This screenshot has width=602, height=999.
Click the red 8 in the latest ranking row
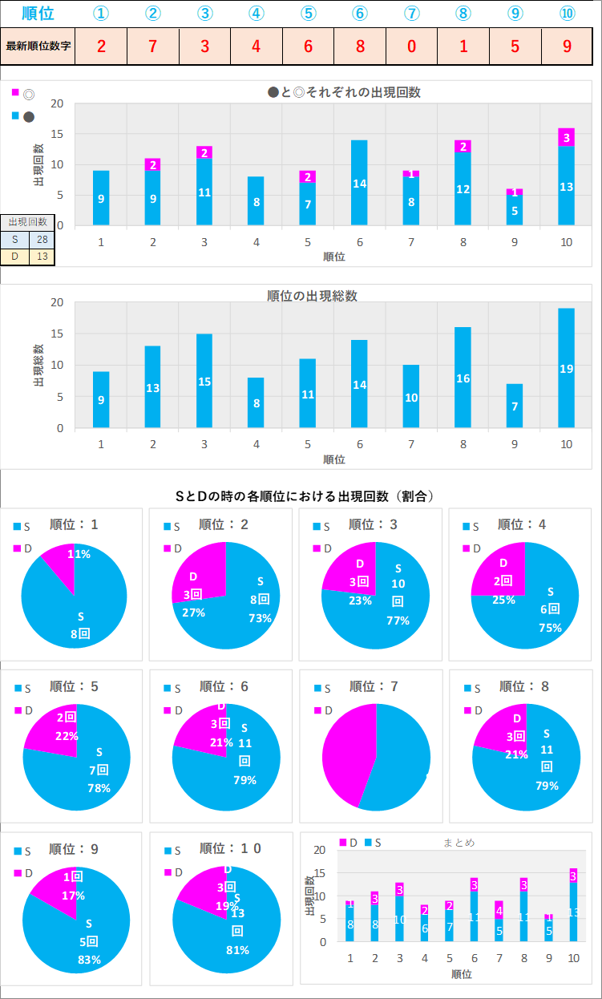point(360,46)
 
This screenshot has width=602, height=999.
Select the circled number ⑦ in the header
point(411,14)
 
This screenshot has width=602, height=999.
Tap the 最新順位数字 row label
point(38,46)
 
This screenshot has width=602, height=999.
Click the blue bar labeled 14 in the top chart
point(360,183)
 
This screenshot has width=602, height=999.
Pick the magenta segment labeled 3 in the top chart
point(566,137)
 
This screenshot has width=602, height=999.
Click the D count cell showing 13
point(42,257)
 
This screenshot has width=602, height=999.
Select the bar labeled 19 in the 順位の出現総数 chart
point(566,368)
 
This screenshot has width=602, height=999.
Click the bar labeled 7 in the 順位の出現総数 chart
point(515,406)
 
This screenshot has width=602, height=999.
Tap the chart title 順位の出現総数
point(312,296)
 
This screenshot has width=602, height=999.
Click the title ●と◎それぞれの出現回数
point(344,92)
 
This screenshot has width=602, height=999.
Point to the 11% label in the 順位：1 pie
point(79,554)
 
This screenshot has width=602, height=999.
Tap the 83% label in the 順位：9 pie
point(89,960)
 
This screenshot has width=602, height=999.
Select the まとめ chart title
point(459,843)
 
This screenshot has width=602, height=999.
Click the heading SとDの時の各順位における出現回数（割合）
point(305,496)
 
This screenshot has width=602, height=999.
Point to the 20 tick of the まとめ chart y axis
point(321,850)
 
